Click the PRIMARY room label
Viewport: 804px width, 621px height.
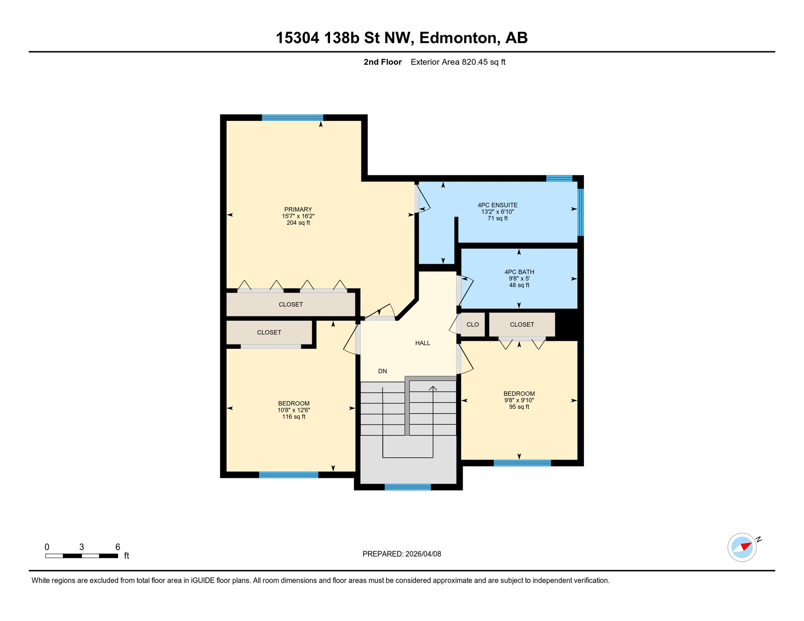pos(298,209)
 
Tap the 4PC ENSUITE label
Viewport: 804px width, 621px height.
pos(497,205)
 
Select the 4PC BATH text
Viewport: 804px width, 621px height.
pos(519,272)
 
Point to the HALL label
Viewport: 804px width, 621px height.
pos(423,343)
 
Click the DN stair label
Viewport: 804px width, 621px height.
pos(382,371)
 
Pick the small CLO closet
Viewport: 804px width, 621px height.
pos(472,325)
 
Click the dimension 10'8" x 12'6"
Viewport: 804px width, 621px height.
pos(294,410)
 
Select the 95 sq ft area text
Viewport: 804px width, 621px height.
pos(519,407)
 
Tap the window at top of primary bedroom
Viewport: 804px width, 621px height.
pos(292,118)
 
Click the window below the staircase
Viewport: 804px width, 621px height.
pos(408,487)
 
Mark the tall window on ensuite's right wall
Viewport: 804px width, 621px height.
pos(580,212)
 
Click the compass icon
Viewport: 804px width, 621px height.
pos(742,547)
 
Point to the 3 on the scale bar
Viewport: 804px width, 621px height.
pos(82,547)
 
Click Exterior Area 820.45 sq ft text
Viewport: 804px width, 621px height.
pos(458,62)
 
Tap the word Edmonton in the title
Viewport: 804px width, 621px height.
pos(458,38)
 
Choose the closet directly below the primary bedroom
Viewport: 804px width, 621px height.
pos(290,304)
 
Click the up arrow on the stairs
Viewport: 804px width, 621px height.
pos(433,389)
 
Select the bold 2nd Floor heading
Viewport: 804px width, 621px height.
pos(382,62)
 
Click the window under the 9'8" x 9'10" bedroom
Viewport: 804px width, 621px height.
pos(522,463)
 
